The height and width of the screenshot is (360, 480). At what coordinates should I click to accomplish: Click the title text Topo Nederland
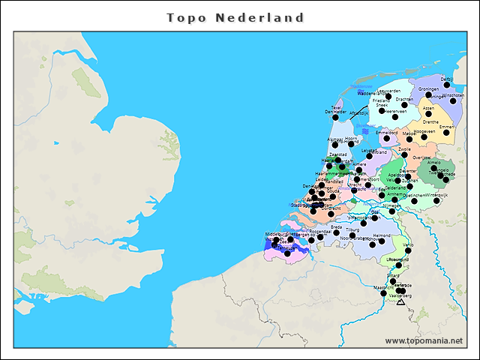coord(235,17)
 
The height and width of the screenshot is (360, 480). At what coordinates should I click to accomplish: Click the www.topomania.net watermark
coord(424,341)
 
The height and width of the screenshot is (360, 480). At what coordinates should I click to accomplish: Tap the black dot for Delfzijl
coord(447,85)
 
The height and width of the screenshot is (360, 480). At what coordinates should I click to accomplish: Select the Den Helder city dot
coord(335,117)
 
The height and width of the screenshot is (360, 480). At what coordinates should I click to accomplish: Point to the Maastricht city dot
coord(383,292)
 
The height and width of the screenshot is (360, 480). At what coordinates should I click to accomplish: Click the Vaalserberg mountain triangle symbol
coord(400,301)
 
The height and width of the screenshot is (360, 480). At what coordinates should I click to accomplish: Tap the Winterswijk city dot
coord(436,200)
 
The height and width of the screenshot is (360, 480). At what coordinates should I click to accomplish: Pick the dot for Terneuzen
coord(287,253)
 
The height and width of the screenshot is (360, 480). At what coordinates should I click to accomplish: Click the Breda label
coord(336,226)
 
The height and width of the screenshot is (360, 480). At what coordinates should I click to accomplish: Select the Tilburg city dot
coord(352,235)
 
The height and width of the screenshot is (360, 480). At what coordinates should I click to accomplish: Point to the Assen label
coord(428,108)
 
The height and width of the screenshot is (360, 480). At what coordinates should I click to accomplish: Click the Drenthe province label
coord(430,121)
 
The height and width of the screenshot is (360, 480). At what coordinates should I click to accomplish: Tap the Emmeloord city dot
coord(387,138)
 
